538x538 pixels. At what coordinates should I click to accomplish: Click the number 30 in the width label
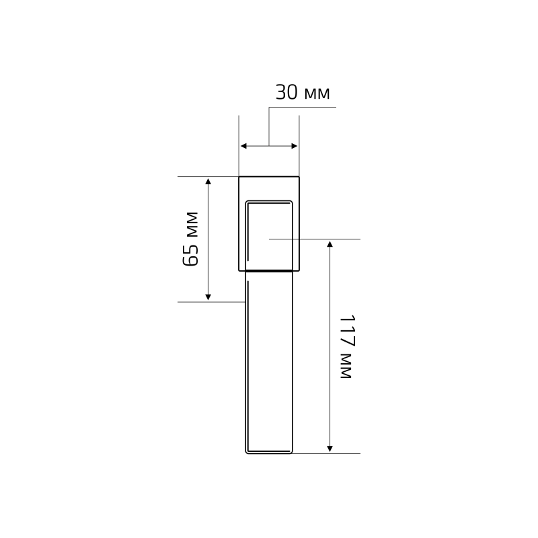coord(286,92)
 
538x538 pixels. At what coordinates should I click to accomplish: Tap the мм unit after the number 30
coord(317,93)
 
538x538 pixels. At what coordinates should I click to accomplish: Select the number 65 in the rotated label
coord(190,255)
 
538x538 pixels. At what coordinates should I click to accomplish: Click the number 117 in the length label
coord(347,330)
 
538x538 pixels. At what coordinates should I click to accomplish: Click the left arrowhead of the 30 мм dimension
coord(243,146)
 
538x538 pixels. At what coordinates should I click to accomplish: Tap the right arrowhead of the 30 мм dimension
coord(295,146)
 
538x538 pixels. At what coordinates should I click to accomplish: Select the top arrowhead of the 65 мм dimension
coord(208,181)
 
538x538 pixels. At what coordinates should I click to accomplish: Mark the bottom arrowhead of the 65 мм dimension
coord(208,297)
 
